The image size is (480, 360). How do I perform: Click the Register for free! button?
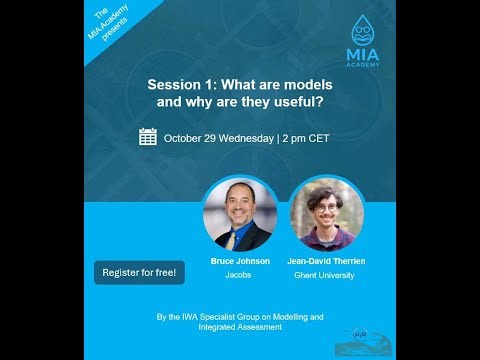click(139, 272)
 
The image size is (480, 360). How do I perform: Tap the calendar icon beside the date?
click(148, 137)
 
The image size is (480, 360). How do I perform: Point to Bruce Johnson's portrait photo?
click(240, 214)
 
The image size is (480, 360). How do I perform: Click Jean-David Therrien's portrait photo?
click(323, 213)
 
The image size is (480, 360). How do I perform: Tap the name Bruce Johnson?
click(240, 261)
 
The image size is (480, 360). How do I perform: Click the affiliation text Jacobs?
click(240, 274)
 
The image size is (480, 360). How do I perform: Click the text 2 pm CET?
click(304, 138)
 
